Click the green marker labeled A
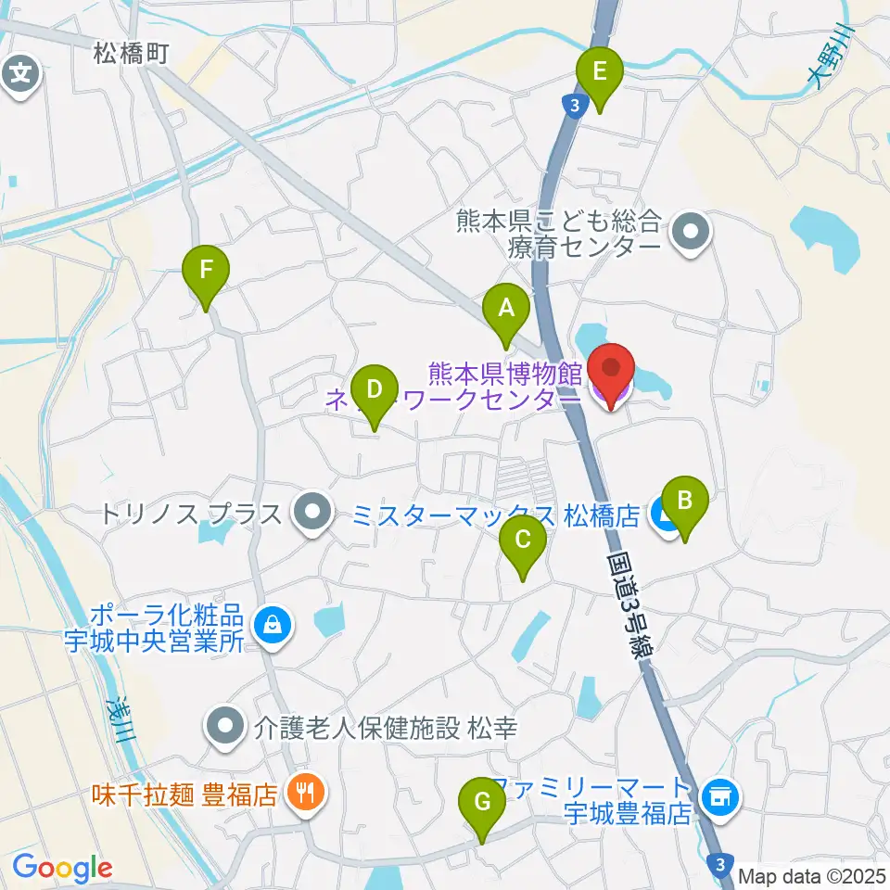pos(506,308)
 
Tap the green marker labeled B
pos(685,502)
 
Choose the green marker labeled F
pos(206,271)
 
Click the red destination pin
pos(612,371)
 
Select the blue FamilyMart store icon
pos(720,795)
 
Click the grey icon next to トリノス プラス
pos(312,512)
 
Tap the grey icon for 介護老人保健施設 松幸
pos(224,726)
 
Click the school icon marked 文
pos(20,71)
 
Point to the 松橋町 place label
pos(130,55)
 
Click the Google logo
pos(61,868)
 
